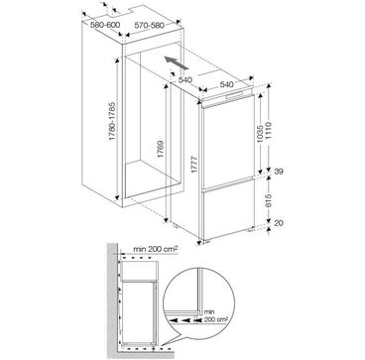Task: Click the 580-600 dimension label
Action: pos(105,25)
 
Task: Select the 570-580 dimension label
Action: pos(149,25)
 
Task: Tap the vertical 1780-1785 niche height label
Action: pos(113,121)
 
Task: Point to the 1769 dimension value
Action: pos(161,149)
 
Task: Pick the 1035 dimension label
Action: pos(260,134)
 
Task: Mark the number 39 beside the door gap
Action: pos(279,172)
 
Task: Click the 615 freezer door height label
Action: pos(268,200)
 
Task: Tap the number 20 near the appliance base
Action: pos(279,223)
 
